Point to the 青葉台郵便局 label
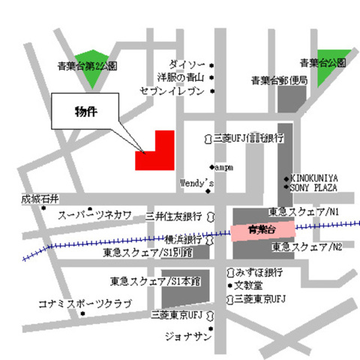tap(278, 79)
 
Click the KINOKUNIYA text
tap(314, 178)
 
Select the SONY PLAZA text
tap(314, 187)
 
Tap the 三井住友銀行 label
tap(174, 216)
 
